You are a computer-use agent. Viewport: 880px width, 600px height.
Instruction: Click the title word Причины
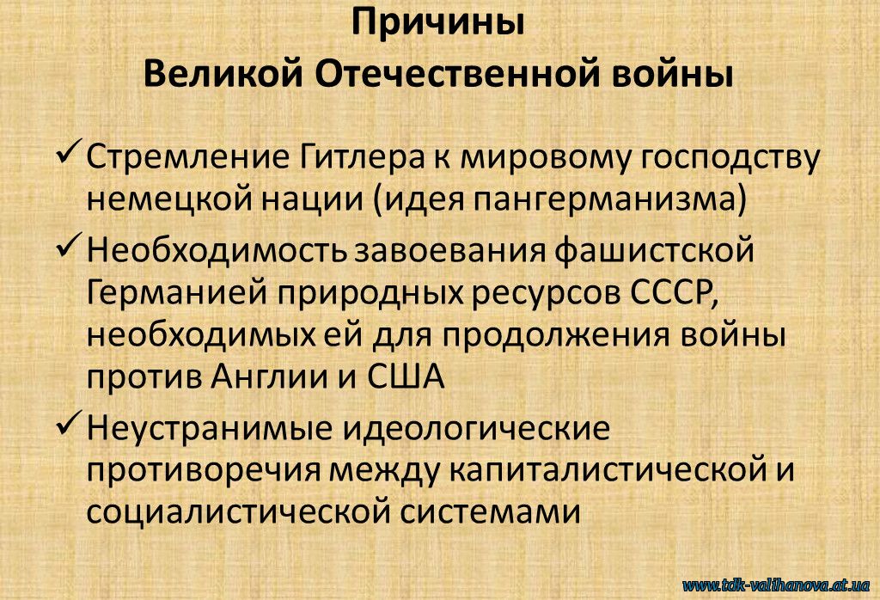tap(437, 23)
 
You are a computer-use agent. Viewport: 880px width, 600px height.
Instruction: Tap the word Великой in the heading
tap(223, 75)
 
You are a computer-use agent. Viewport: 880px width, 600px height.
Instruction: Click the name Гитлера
tap(361, 158)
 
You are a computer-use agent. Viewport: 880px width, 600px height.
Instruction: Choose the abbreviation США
tap(406, 377)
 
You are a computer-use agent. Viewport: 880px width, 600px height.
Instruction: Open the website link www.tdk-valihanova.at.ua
tap(776, 585)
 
